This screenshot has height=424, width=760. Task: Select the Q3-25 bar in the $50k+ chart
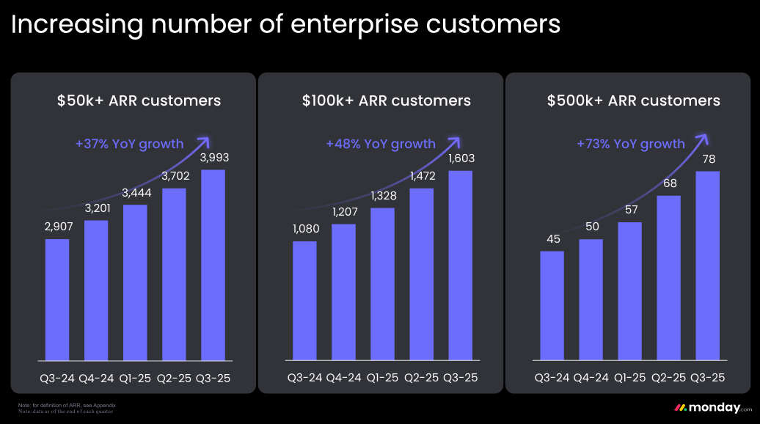tap(213, 266)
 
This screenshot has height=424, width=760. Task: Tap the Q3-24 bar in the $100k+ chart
tap(304, 301)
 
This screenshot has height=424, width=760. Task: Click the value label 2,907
tap(57, 228)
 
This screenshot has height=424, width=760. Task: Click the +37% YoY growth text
tap(129, 144)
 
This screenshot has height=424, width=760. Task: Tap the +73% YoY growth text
tap(631, 144)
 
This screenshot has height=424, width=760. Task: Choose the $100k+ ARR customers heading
tap(387, 100)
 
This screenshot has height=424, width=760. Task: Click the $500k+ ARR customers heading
tap(634, 100)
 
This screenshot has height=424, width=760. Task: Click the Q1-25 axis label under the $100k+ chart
tap(382, 378)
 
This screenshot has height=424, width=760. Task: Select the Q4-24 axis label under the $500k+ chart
tap(591, 378)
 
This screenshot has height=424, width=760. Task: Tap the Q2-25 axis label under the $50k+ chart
tap(174, 378)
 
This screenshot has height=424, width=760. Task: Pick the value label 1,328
tap(382, 197)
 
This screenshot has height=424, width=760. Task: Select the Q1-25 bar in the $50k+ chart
tap(135, 283)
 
